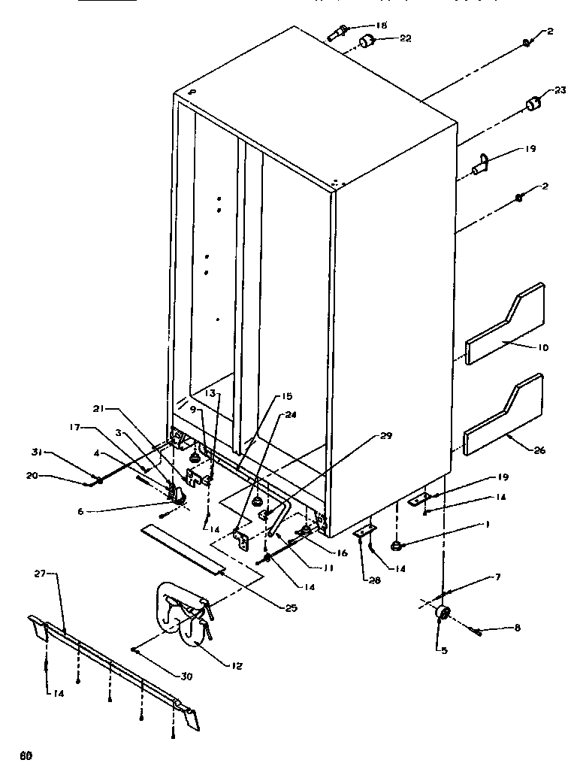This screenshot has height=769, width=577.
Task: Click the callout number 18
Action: (381, 25)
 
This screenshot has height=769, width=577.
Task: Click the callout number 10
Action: (543, 347)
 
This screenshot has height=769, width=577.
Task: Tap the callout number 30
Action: (186, 676)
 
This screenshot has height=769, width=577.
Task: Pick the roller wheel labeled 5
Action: (442, 615)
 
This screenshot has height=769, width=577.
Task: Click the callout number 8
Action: (518, 627)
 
